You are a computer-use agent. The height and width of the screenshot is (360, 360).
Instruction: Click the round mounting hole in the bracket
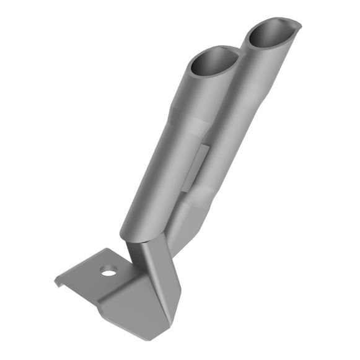[110, 271]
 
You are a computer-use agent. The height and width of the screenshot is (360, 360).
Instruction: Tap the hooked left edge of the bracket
[58, 281]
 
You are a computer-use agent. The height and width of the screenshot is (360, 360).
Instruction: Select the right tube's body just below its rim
[263, 68]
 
